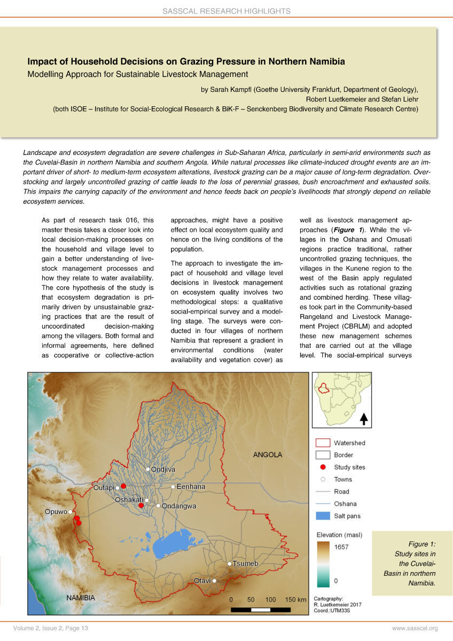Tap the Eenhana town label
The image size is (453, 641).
[191, 487]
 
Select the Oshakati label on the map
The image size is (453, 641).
[129, 500]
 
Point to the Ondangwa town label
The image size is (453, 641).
[179, 506]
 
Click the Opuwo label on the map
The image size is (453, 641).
[56, 512]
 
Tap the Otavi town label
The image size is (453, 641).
[202, 581]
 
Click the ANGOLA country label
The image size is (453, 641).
[267, 455]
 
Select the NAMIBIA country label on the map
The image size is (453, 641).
[81, 598]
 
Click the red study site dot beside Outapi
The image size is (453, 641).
[123, 486]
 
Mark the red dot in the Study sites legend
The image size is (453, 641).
[323, 467]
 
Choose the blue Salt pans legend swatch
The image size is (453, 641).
[323, 516]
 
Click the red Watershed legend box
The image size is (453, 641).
[323, 443]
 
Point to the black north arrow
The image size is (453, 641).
[364, 419]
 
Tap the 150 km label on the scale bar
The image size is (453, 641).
[295, 599]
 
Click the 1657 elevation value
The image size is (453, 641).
[341, 546]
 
